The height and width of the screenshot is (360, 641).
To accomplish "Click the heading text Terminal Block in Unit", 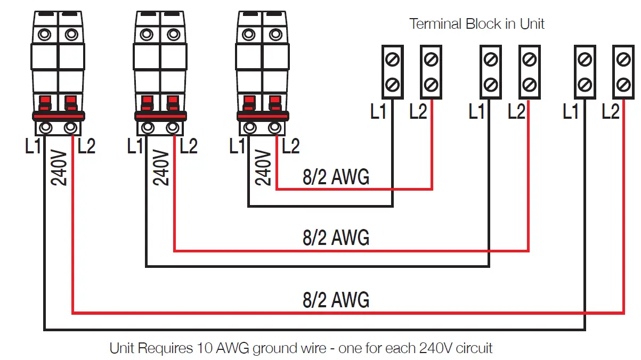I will point(476,24).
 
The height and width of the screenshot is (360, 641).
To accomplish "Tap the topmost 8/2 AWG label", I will point(336,177).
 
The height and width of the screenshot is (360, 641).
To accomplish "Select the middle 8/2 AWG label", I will point(336,238).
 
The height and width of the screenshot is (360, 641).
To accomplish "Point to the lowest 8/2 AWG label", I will point(336,300).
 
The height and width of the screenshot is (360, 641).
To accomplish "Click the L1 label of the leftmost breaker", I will point(33,146).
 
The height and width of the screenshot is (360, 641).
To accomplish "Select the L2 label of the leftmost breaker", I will point(86,146).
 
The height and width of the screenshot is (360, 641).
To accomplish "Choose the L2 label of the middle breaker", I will point(188,146).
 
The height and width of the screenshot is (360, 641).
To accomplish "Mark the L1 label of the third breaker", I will point(238,146).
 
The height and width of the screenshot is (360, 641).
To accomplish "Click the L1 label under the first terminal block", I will point(378,112).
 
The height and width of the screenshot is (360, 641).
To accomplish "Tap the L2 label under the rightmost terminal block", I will point(611,112).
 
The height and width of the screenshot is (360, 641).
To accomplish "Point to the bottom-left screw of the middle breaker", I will point(148,128).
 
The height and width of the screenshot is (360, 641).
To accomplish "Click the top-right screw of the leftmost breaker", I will point(71,35).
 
